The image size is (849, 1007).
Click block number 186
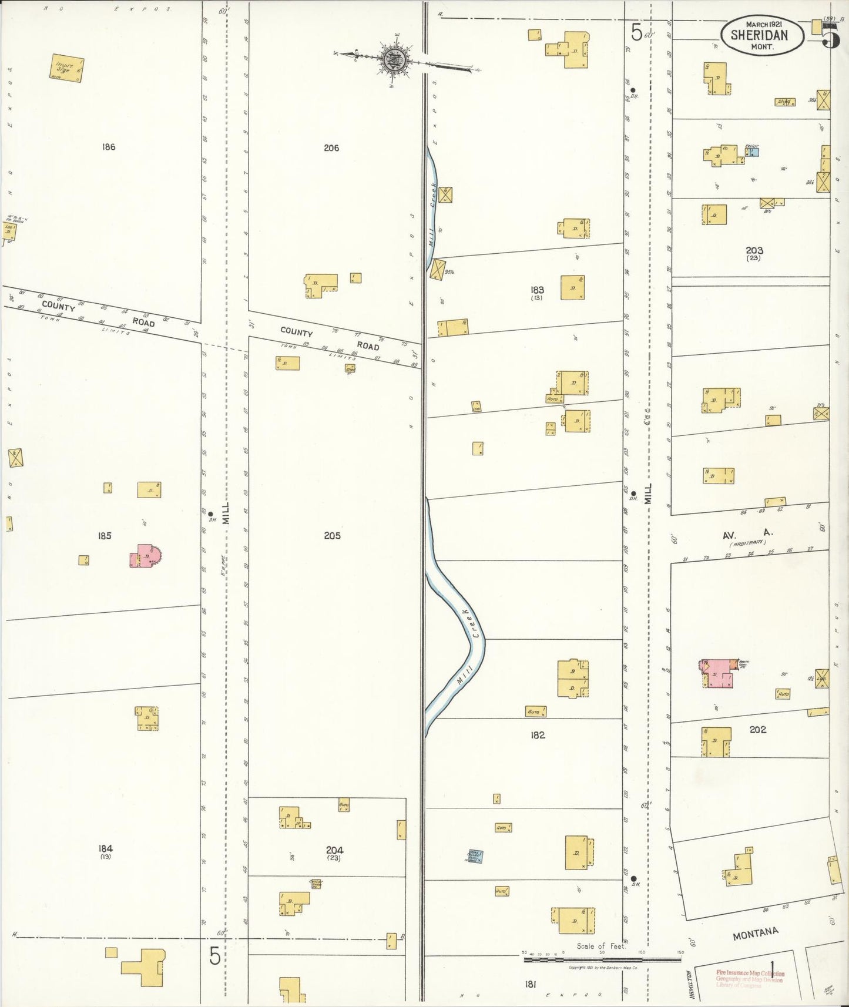pos(108,147)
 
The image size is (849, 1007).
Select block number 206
pos(331,148)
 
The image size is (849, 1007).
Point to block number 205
pos(332,535)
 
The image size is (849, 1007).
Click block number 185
pos(105,535)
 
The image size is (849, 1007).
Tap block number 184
pos(106,848)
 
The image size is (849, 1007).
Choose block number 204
pos(334,850)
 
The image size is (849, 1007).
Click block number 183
pos(537,290)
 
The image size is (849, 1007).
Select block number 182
pos(538,734)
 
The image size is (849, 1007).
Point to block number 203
pos(754,251)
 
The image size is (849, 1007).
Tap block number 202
pos(758,729)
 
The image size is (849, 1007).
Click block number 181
pos(531,983)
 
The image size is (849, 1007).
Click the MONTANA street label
pos(755,933)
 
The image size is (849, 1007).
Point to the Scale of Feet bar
pos(602,959)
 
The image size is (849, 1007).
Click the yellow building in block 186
pos(67,68)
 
